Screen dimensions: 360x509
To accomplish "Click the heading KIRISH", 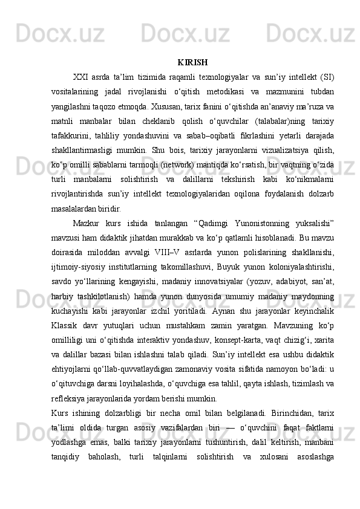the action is pyautogui.click(x=193, y=62).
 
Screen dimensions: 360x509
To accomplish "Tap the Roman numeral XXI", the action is pyautogui.click(x=82, y=77).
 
